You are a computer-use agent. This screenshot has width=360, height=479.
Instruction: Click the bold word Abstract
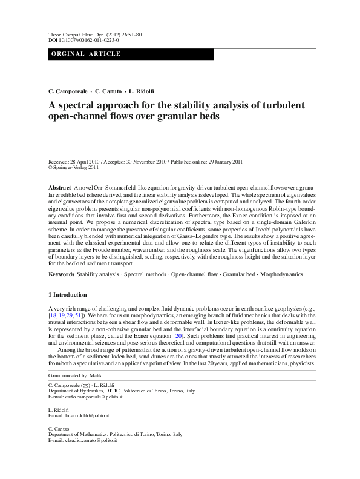click(x=60, y=188)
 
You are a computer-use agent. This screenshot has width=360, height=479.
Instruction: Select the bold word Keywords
click(x=61, y=275)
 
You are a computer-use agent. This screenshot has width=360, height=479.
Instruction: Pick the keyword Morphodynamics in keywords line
click(x=283, y=275)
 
